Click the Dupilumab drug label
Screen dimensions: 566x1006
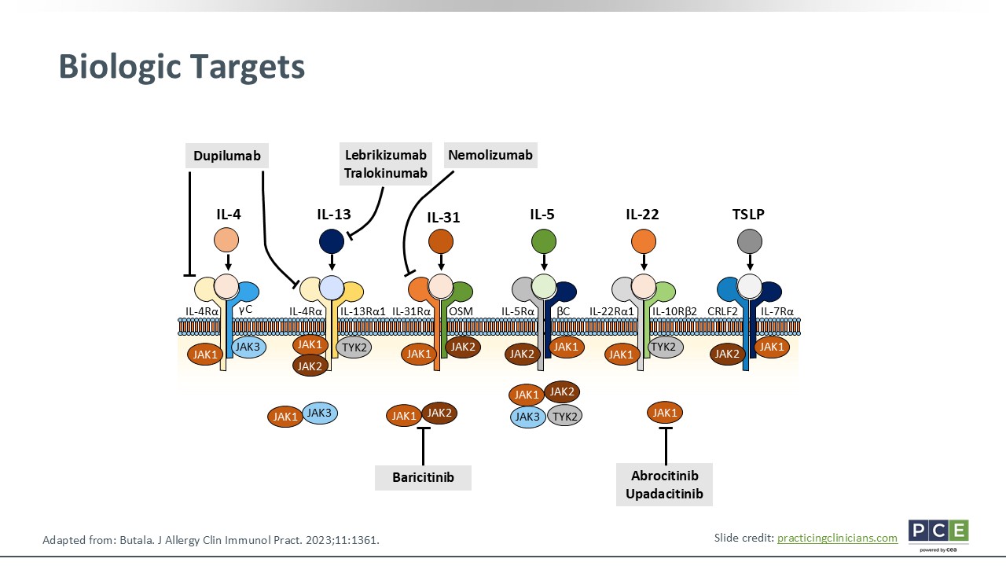pos(226,156)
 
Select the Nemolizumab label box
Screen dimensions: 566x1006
pos(490,155)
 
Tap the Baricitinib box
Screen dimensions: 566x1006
pos(423,478)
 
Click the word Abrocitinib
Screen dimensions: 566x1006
pos(665,476)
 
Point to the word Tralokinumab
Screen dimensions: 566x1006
pos(386,173)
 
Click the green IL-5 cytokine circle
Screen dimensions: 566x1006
pos(544,241)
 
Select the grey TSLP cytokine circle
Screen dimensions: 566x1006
pos(750,241)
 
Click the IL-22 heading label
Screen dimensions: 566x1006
pos(642,214)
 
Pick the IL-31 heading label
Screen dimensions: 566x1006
pos(443,218)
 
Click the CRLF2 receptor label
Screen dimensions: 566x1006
pos(722,311)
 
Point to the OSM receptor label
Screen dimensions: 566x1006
pos(461,311)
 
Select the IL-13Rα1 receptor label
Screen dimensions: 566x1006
pos(362,311)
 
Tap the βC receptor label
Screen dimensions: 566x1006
pos(563,311)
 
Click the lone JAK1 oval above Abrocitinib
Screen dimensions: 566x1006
pos(665,412)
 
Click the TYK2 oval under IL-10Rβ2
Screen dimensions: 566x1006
pos(663,346)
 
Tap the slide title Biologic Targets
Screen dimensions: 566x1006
pos(182,67)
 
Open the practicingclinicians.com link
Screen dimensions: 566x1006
pos(837,538)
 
